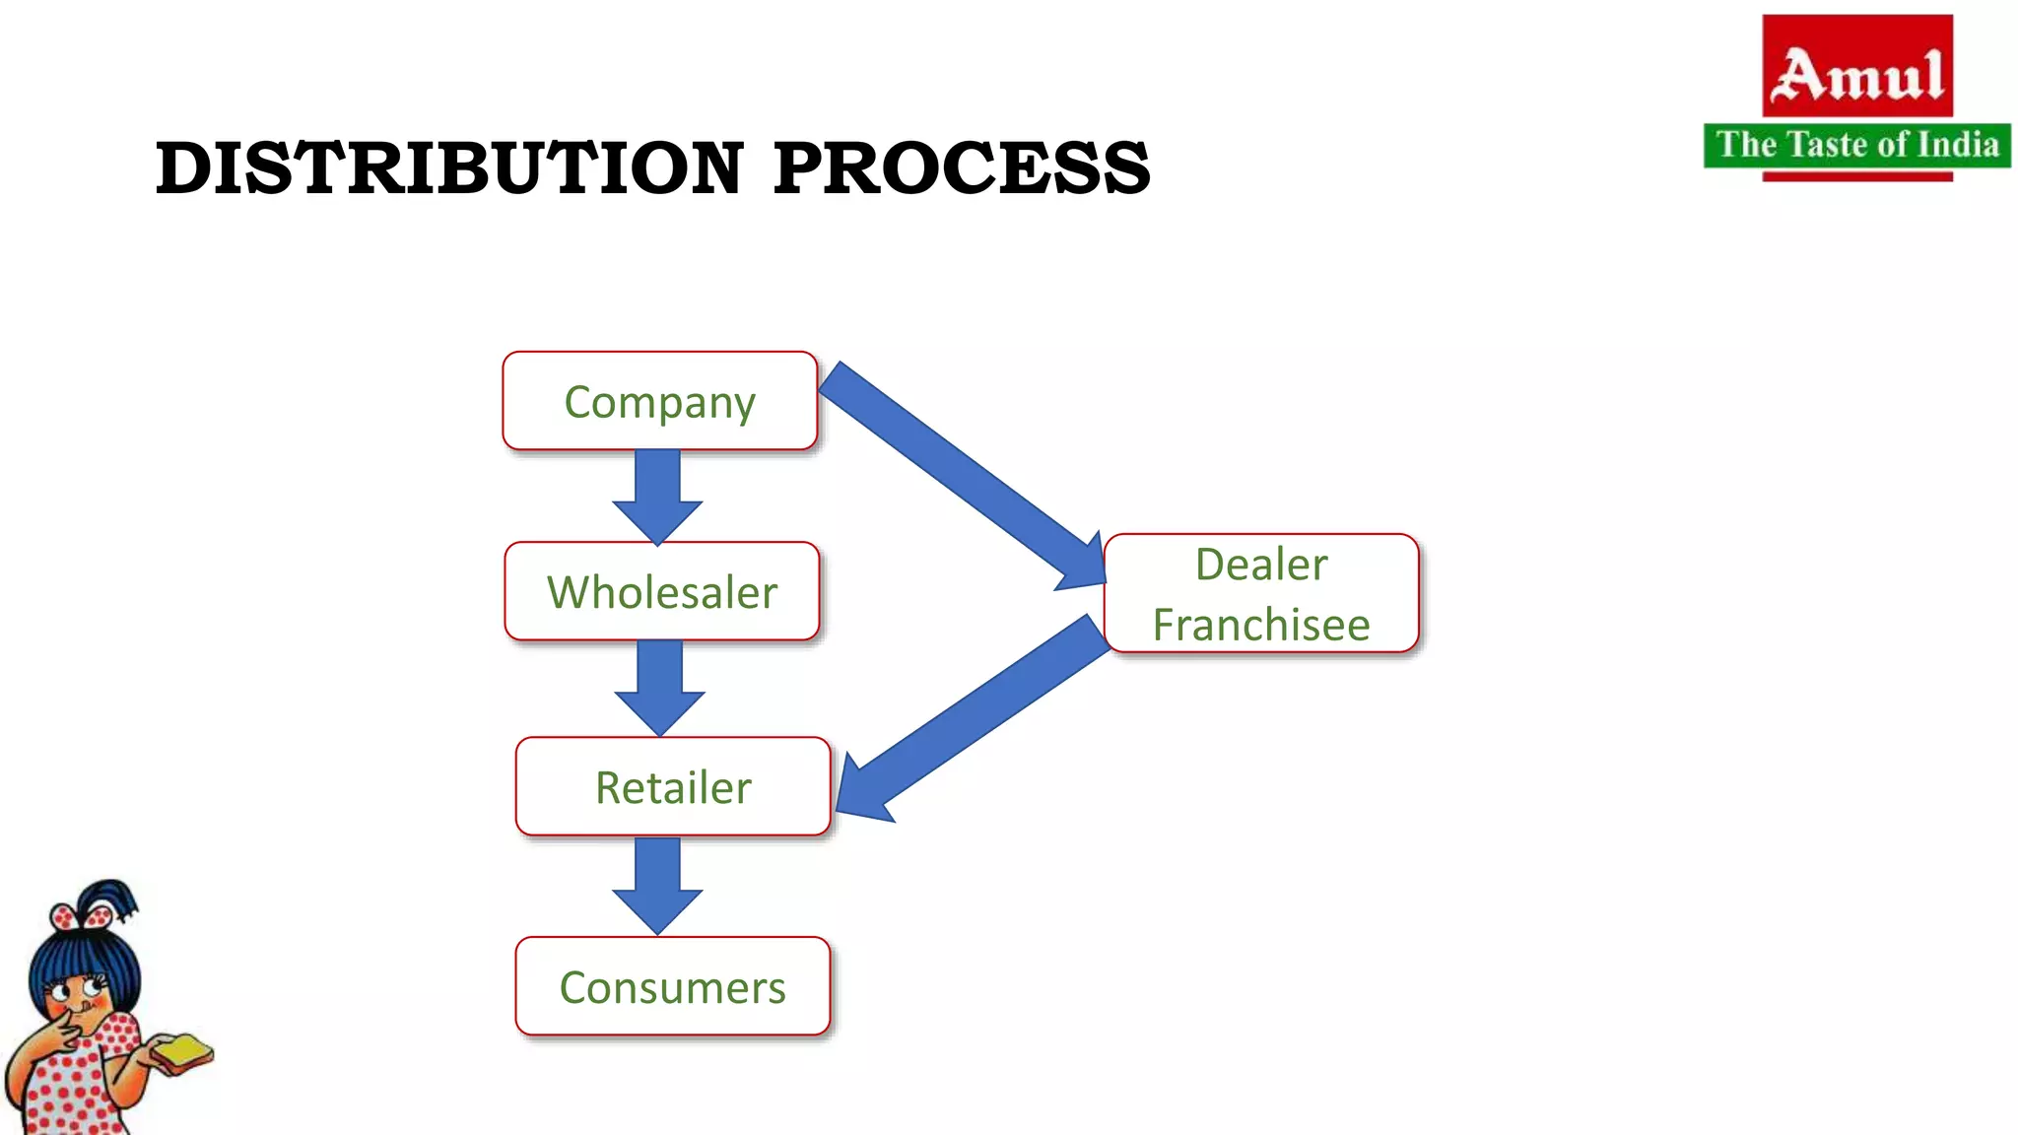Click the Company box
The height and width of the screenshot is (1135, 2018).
(x=660, y=401)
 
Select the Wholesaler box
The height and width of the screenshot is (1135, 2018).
(x=661, y=591)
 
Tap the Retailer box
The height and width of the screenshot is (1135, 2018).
(x=673, y=786)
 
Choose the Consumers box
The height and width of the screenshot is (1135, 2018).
(x=673, y=986)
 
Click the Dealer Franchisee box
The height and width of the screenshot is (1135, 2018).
(x=1261, y=593)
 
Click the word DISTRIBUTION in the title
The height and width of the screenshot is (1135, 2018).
(x=449, y=167)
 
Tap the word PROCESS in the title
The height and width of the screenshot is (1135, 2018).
(x=962, y=167)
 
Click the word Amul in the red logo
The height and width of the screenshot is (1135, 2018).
(x=1857, y=75)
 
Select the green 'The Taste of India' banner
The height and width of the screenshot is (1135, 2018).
(x=1857, y=145)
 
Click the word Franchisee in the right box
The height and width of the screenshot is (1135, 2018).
(x=1261, y=625)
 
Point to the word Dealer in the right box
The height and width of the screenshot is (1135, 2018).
(x=1261, y=565)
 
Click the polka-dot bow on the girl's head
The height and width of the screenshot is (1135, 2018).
(x=81, y=917)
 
